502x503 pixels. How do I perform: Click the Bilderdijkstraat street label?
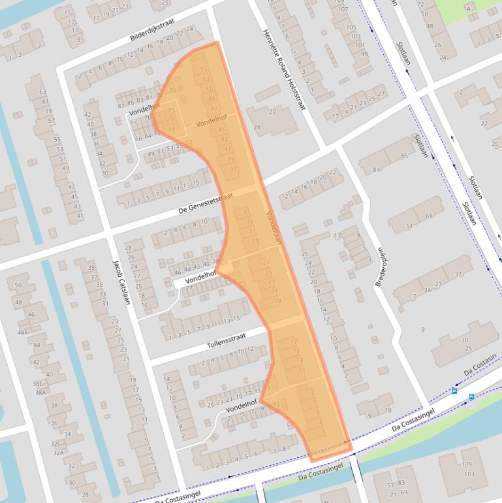coord(152,29)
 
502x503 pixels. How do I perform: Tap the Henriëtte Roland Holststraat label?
coord(284,69)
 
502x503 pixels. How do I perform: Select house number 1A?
coord(467,9)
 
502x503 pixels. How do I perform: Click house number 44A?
coord(24,332)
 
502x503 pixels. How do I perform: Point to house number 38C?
coord(38,384)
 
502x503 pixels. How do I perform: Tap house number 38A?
coord(40,393)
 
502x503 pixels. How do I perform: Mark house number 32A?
coord(58,452)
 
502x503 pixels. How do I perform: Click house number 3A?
coord(427,289)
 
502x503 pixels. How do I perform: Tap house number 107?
coord(343,9)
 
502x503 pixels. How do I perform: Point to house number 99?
coord(364,54)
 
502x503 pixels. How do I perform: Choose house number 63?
coord(43,92)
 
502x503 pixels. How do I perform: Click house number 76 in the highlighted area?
coord(173,90)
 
